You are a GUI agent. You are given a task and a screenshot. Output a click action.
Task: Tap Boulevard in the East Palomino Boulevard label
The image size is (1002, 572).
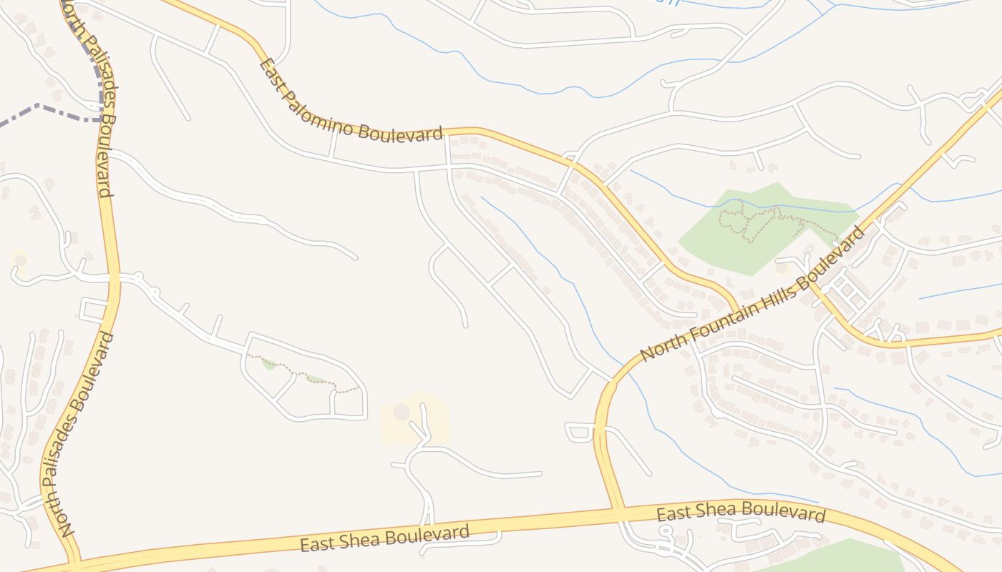tap(401, 133)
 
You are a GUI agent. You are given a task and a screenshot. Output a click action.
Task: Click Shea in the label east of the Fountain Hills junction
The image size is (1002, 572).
tap(724, 511)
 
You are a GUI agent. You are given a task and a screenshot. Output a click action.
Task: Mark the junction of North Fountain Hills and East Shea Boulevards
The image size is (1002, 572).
tap(617, 511)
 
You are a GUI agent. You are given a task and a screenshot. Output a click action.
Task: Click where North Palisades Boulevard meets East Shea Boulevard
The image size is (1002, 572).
tap(75, 560)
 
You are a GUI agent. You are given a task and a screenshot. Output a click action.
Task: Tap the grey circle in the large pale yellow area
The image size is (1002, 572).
tap(402, 412)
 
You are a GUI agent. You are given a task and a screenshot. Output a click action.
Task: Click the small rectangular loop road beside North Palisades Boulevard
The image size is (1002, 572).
tap(94, 310)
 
